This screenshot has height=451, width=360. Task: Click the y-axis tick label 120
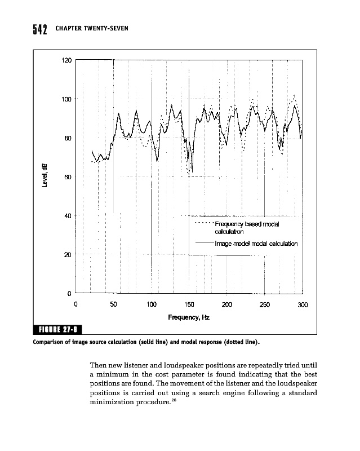pos(66,60)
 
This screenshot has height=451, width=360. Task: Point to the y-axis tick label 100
pos(66,99)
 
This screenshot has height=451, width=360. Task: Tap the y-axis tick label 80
pos(68,138)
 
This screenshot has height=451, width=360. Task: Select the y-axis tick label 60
pos(68,177)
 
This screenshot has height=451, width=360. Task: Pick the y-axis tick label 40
pos(68,216)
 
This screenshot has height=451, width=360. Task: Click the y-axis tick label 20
pos(68,255)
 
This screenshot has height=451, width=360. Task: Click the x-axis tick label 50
pos(114,304)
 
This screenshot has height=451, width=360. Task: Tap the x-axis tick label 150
pos(189,304)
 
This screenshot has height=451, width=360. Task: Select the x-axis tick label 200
pos(227,304)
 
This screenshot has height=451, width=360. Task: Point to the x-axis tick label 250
pos(265,304)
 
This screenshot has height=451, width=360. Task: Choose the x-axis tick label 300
pos(303,304)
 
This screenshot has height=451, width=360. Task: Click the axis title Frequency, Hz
pos(189,318)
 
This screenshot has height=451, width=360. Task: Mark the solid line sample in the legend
pos(204,243)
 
